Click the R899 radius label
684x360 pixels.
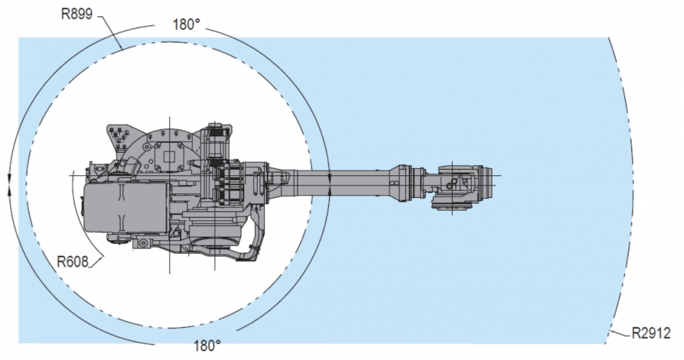coord(77,14)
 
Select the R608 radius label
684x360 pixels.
coord(73,262)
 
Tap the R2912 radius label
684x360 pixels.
coord(651,333)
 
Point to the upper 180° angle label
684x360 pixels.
coord(187,25)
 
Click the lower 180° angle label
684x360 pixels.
coord(207,346)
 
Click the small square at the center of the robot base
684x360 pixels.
coord(169,157)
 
